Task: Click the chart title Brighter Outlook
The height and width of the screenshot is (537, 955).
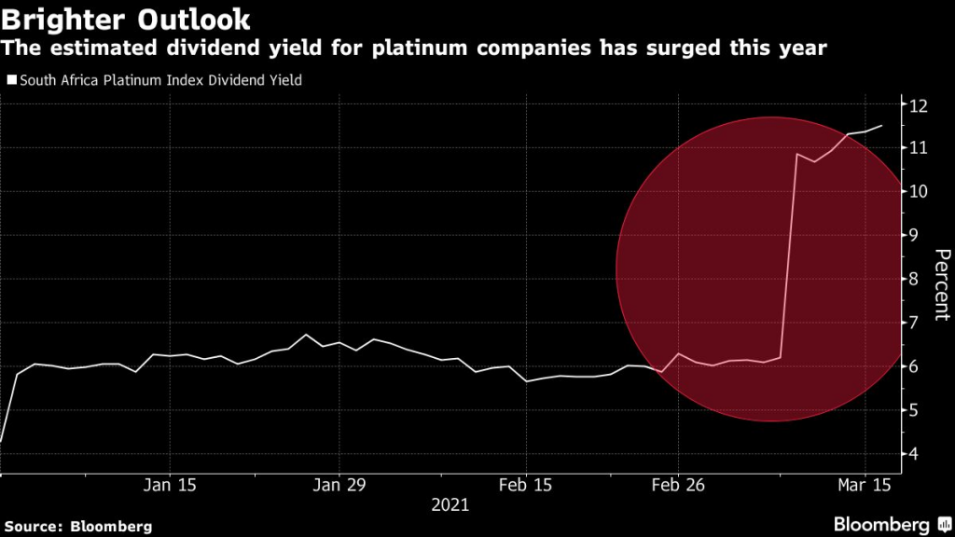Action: [x=126, y=18]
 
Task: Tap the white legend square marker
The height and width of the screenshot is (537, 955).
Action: [x=10, y=80]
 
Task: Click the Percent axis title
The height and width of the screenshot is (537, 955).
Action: [x=941, y=285]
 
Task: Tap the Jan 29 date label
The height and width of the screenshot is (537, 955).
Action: [x=339, y=485]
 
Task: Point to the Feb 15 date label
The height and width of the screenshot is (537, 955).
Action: [x=526, y=485]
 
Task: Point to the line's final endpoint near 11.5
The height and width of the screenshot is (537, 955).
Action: [x=881, y=125]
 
